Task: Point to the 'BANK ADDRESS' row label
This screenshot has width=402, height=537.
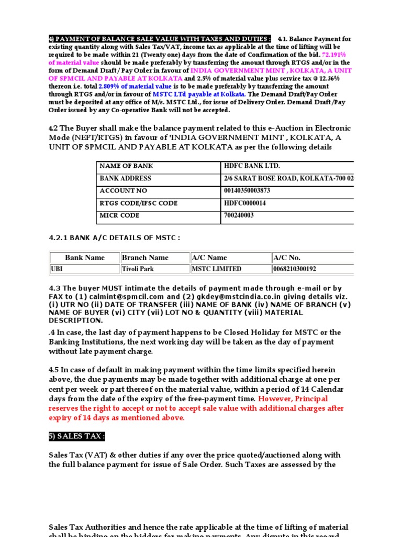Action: click(x=125, y=178)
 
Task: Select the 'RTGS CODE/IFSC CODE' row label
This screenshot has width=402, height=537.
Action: click(x=138, y=203)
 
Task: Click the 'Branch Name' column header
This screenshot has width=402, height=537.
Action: click(x=145, y=257)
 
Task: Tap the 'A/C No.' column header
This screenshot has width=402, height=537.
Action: click(x=287, y=257)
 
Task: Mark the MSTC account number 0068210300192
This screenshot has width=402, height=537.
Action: click(x=294, y=269)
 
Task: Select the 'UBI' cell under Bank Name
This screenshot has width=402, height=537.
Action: click(x=57, y=269)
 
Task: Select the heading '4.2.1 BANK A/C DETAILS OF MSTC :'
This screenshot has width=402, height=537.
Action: click(x=114, y=238)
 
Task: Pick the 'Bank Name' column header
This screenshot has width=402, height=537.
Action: click(x=85, y=257)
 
